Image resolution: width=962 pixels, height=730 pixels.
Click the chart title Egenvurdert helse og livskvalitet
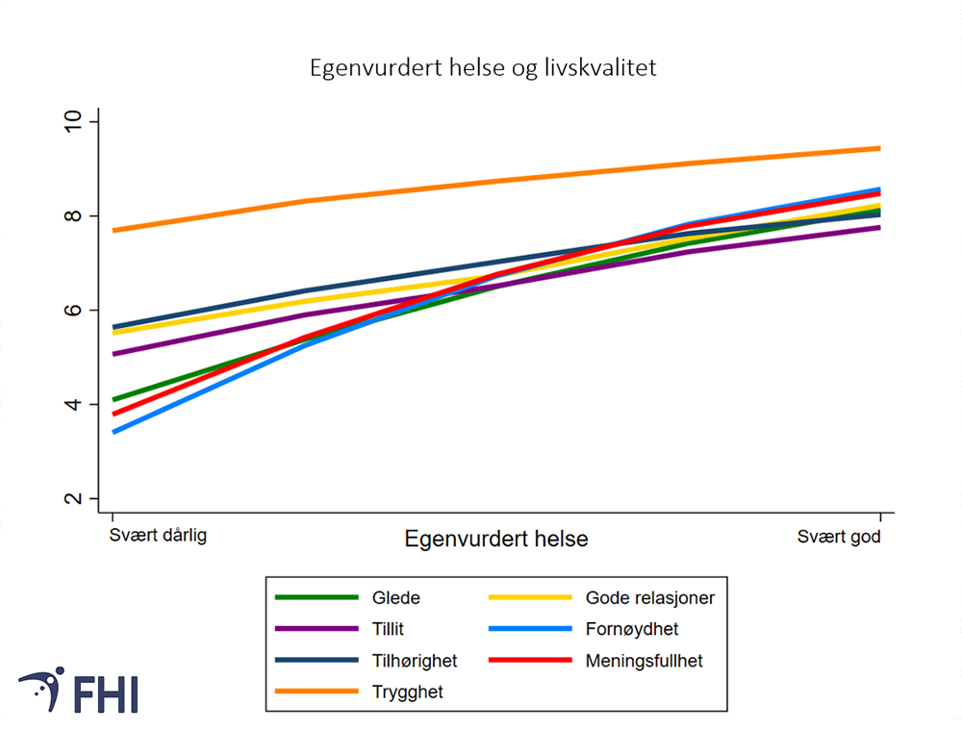coord(482,69)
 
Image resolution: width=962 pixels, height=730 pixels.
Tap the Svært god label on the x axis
coord(839,536)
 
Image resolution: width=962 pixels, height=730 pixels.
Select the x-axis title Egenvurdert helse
coord(495,539)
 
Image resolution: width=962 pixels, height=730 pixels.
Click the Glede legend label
coord(395,597)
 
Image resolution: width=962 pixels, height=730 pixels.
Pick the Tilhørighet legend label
coord(414,661)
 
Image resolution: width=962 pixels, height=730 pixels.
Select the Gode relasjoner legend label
coord(649,597)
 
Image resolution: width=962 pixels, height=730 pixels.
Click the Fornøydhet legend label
coord(631,629)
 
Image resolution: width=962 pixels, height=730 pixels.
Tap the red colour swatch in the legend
coord(530,661)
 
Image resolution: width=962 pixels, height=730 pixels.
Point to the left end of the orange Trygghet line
coord(114,230)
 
